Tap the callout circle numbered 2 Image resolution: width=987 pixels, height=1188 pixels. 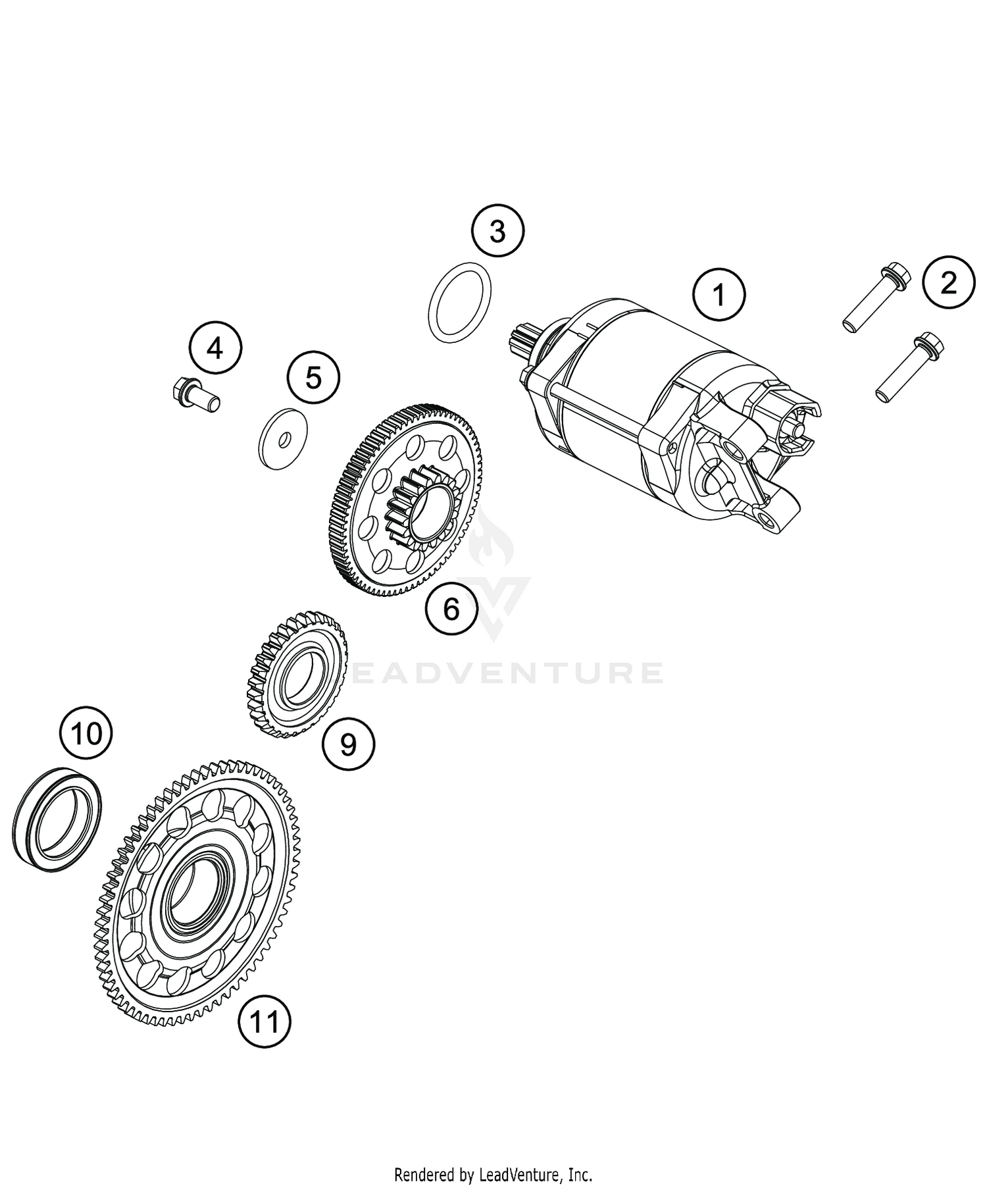click(x=948, y=282)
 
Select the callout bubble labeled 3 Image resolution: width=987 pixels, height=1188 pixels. click(x=497, y=232)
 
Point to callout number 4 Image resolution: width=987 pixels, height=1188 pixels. click(x=215, y=348)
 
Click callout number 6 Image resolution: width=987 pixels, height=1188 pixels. click(x=451, y=609)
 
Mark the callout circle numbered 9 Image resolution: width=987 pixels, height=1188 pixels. click(x=348, y=744)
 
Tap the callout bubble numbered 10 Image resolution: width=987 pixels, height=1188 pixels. click(x=86, y=733)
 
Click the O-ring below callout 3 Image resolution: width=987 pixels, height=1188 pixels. click(x=460, y=303)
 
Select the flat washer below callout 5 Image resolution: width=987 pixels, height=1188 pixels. click(x=281, y=440)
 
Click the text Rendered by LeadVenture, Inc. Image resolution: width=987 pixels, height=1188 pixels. click(x=493, y=1174)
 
